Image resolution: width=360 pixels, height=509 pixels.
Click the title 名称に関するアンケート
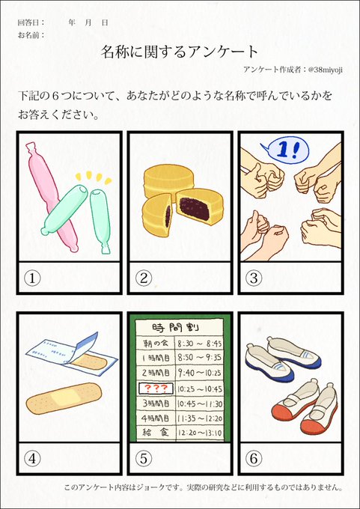(x=180, y=51)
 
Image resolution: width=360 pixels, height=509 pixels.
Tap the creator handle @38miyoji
(x=326, y=70)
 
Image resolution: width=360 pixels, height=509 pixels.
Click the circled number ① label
(x=31, y=278)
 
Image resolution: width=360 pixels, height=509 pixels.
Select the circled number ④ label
(x=31, y=457)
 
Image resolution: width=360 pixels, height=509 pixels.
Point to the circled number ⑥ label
(x=254, y=457)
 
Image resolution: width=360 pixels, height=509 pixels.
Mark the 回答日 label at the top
(x=31, y=22)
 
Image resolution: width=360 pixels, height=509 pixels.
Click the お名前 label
(x=31, y=34)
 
